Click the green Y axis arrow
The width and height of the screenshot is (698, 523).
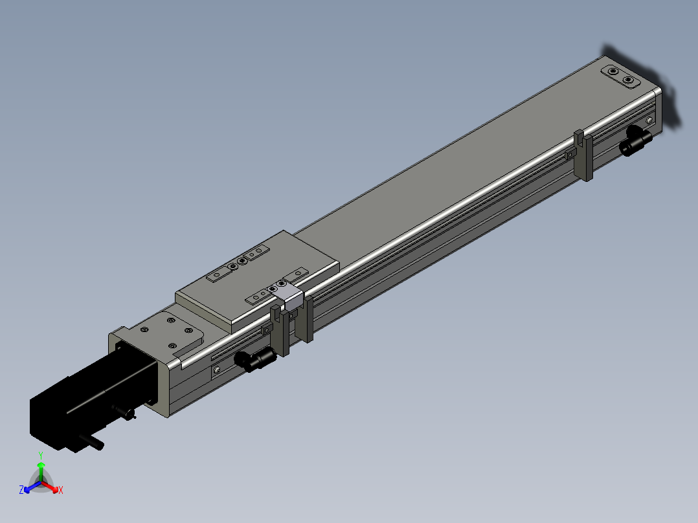click(x=41, y=471)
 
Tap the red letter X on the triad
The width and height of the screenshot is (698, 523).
click(x=61, y=490)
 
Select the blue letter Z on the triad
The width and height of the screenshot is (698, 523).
click(x=21, y=489)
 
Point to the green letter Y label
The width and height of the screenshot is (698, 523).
click(x=41, y=456)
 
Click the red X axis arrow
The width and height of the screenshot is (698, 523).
click(x=49, y=486)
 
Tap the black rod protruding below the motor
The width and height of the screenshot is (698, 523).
click(x=92, y=443)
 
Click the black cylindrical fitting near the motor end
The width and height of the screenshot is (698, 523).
click(x=256, y=359)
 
